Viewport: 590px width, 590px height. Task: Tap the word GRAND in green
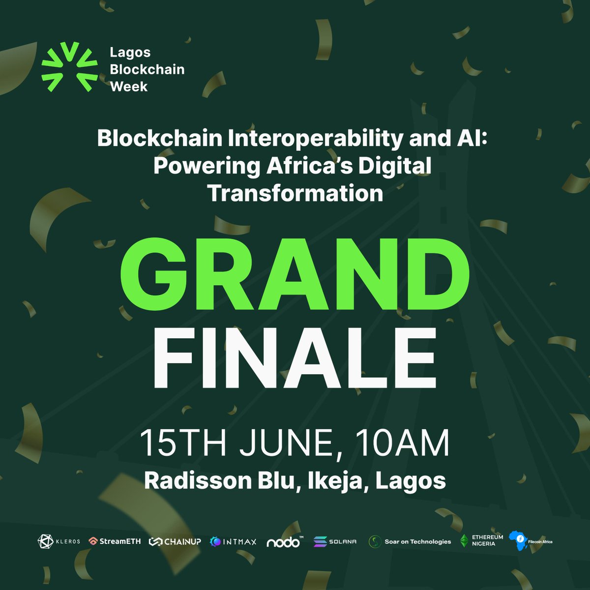[295, 277]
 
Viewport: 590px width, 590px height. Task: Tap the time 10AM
[404, 443]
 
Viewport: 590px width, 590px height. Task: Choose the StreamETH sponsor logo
[115, 541]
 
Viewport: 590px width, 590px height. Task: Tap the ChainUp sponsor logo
[175, 541]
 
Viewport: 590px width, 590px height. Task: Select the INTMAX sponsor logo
[233, 542]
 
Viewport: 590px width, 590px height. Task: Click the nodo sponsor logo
[284, 541]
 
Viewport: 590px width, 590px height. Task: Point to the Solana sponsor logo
[335, 541]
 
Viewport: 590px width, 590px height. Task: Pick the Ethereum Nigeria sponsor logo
[481, 541]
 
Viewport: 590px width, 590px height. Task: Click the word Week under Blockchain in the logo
[129, 87]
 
